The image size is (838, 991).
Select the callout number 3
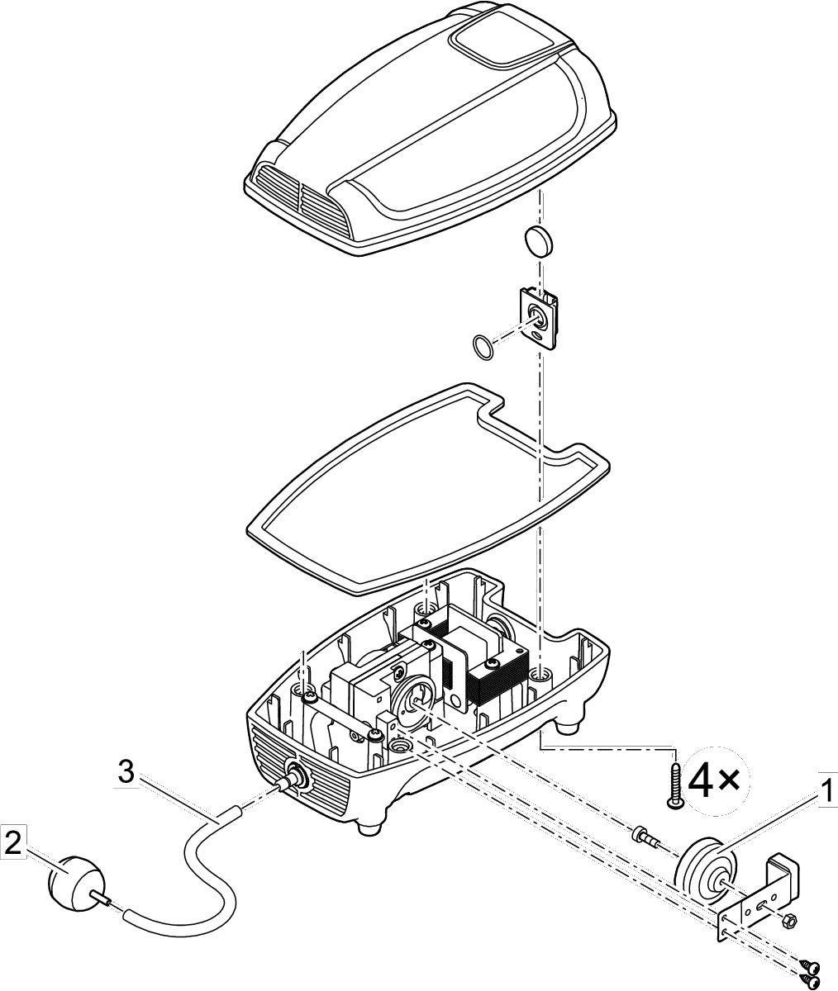click(125, 773)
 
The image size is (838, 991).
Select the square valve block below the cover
click(538, 316)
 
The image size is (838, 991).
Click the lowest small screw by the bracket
click(810, 980)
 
